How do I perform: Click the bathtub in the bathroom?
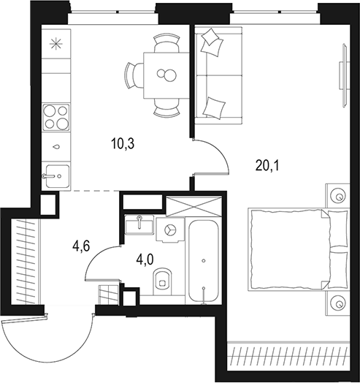202,259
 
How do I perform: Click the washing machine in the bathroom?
171,230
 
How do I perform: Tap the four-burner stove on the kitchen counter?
55,116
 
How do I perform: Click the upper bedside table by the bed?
339,196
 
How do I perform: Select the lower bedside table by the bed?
339,303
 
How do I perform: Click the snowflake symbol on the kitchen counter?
54,42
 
